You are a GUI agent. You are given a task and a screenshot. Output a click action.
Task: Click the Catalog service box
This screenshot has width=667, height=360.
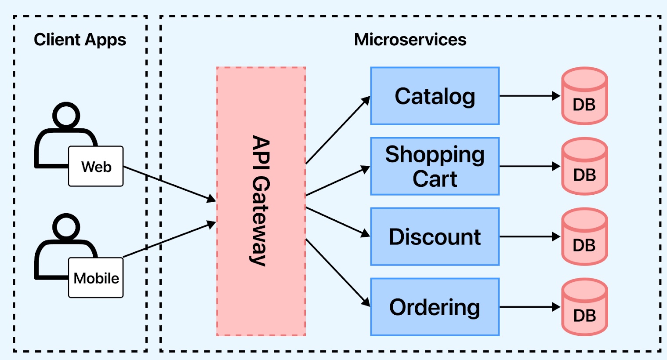435,96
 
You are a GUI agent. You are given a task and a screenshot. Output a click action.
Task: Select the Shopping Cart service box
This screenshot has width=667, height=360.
435,166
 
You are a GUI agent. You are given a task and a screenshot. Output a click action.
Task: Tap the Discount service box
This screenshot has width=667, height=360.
435,236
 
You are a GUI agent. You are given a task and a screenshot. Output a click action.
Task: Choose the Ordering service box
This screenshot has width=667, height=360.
435,307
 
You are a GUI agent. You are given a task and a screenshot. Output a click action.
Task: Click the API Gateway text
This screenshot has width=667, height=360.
261,201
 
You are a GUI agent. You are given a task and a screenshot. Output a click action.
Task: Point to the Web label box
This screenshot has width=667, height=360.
96,167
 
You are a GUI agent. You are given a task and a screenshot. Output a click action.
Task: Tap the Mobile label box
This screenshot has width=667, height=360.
96,278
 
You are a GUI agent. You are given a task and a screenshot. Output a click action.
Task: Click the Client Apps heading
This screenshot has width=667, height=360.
80,40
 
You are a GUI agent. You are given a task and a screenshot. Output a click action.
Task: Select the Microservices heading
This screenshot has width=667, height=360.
410,40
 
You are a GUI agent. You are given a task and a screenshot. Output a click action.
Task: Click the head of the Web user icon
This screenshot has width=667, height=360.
66,115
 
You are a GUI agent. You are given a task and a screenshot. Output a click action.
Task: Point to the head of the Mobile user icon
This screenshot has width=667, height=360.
66,226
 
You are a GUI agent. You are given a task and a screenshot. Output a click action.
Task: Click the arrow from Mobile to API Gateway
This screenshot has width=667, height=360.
170,240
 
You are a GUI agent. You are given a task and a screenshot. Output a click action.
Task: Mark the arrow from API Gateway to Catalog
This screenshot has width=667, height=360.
337,131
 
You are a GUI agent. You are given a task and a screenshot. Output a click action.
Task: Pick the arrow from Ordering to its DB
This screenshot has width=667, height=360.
529,307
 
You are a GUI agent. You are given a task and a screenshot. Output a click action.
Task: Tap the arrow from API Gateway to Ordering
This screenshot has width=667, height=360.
337,272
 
